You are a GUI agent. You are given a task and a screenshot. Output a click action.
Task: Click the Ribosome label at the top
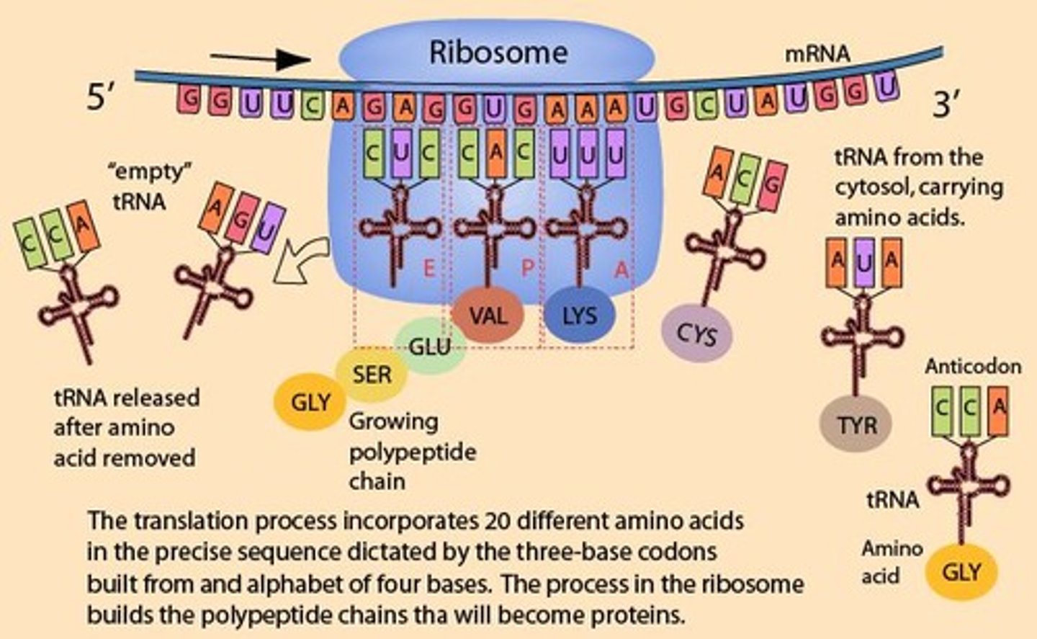pos(498,53)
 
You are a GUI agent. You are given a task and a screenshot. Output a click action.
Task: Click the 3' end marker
pos(946,105)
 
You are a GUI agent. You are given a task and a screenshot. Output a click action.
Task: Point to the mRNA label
pos(817,54)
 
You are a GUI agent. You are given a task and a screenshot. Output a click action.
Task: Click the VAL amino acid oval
pos(488,316)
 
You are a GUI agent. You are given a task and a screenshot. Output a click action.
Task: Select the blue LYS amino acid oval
pos(579,316)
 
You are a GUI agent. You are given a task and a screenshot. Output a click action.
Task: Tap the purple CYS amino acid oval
pos(696,334)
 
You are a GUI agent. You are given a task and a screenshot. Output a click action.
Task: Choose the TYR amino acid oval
pos(856,425)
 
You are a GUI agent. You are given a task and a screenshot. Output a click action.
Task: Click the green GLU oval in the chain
pos(430,347)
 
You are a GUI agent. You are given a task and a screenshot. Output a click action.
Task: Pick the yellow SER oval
pos(372,375)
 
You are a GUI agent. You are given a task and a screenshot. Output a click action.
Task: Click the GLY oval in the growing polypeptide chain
pos(310,403)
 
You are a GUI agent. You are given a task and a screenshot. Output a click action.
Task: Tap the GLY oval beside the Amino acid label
pos(961,572)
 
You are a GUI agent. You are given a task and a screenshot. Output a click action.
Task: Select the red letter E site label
pos(429,269)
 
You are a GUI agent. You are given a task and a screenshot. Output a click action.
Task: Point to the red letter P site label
pos(527,269)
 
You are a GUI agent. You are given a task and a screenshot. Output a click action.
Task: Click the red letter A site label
pos(621,269)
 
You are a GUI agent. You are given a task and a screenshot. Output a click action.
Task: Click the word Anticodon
pos(972,367)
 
